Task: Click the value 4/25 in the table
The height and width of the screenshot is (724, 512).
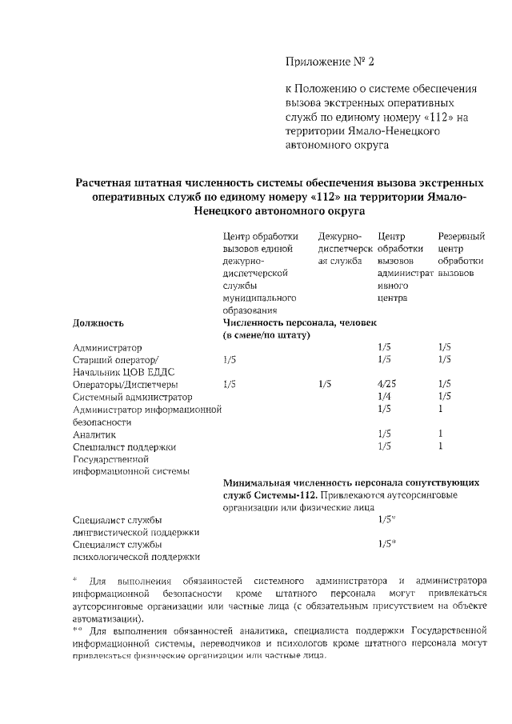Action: pyautogui.click(x=387, y=383)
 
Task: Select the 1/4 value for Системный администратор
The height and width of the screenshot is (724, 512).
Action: pyautogui.click(x=384, y=397)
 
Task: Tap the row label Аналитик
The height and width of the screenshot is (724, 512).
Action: pyautogui.click(x=94, y=434)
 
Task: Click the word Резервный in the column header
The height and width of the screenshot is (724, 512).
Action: pyautogui.click(x=462, y=237)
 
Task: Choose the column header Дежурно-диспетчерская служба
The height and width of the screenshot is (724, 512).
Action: pyautogui.click(x=342, y=249)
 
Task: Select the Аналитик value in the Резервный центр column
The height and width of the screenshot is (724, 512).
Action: pyautogui.click(x=441, y=434)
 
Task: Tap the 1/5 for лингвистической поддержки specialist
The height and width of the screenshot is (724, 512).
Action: pyautogui.click(x=386, y=519)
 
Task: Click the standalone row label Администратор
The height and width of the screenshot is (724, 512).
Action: pyautogui.click(x=107, y=348)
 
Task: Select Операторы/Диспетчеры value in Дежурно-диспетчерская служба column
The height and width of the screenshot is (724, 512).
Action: pyautogui.click(x=324, y=383)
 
